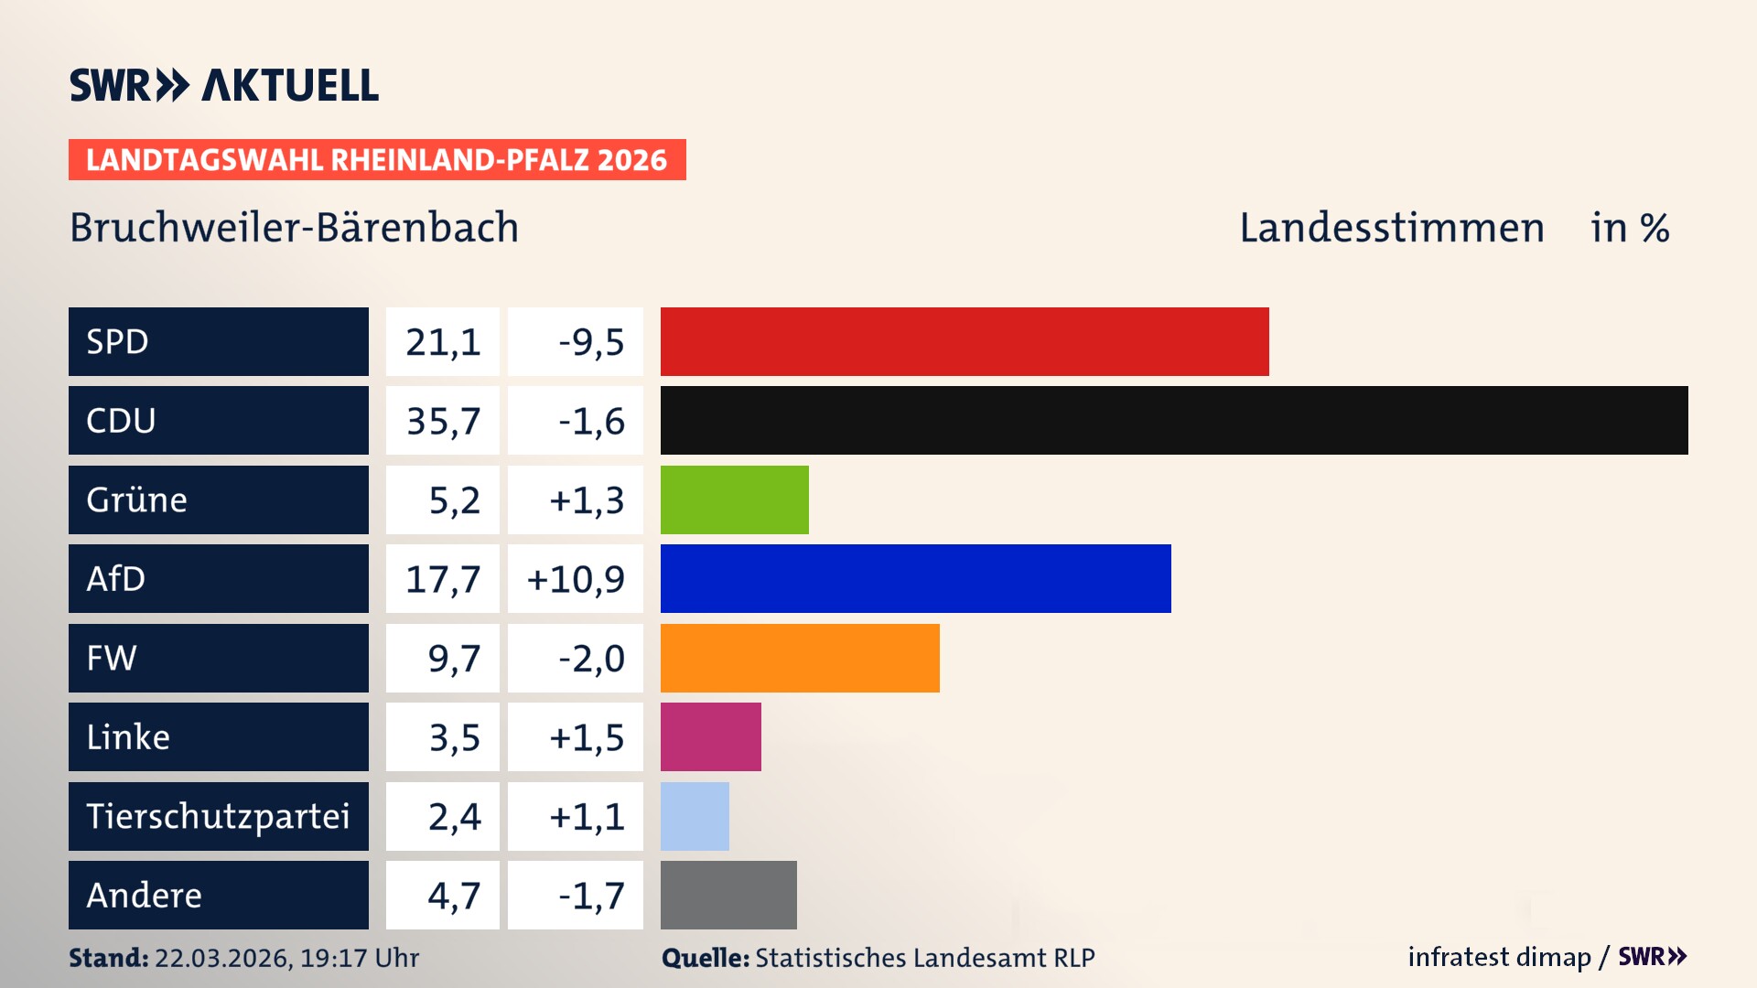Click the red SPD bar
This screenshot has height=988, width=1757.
click(965, 341)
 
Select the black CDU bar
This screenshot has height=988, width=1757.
click(1174, 421)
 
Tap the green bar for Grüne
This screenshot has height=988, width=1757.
click(734, 499)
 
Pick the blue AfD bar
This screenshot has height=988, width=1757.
click(915, 578)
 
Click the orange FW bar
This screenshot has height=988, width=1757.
click(800, 658)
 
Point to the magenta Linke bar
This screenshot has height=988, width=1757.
click(710, 736)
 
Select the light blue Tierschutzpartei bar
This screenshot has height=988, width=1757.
click(695, 816)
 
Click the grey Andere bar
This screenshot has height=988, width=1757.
click(728, 895)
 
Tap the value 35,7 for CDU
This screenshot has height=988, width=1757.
click(443, 421)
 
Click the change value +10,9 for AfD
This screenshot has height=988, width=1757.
click(576, 578)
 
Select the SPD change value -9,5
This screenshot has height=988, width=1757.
click(590, 341)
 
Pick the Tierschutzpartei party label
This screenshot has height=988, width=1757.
click(218, 816)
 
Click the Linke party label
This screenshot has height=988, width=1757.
click(128, 736)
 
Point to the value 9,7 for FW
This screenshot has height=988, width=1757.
click(453, 658)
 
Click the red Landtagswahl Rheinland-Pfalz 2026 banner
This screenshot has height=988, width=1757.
click(377, 159)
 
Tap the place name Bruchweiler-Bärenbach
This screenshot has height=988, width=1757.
click(294, 228)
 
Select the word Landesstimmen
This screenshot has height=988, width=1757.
click(1391, 228)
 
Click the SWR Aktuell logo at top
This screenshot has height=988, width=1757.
click(224, 85)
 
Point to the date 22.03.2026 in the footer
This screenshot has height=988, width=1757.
click(222, 958)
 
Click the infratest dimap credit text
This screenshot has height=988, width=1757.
click(1498, 957)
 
